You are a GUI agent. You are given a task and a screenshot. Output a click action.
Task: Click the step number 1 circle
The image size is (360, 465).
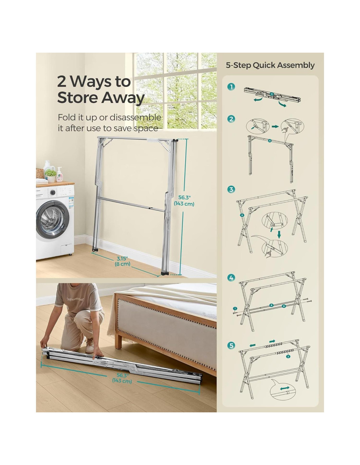[231, 87]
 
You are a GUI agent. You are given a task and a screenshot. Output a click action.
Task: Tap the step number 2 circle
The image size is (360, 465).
[231, 119]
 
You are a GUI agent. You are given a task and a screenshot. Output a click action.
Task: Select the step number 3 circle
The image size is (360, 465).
[231, 189]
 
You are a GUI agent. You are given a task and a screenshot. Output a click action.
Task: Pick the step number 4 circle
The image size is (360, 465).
[231, 278]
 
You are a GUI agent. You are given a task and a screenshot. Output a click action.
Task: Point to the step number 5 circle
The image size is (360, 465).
[231, 345]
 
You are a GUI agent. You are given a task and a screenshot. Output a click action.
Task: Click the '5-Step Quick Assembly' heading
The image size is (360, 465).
[270, 65]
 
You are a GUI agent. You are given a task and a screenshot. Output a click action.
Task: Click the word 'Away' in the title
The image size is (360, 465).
[123, 98]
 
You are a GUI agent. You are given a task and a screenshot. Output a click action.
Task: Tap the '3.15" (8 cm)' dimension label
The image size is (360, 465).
[122, 261]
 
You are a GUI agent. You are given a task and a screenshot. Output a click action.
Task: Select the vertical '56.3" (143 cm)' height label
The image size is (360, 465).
[184, 200]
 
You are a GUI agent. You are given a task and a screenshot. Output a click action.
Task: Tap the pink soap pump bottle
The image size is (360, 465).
[59, 175]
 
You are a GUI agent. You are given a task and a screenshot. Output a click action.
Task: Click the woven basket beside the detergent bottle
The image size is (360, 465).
[40, 173]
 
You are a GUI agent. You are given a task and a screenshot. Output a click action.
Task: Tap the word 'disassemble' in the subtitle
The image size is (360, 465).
[135, 117]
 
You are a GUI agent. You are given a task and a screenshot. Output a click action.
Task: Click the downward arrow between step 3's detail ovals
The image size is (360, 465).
[279, 234]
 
